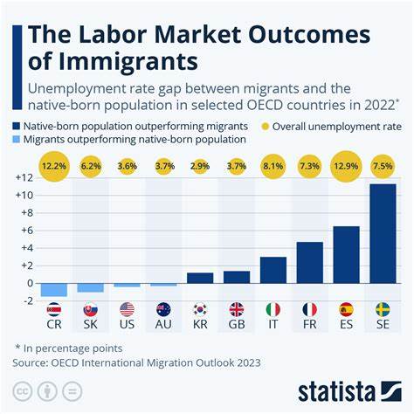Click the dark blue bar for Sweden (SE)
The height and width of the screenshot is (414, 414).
(383, 234)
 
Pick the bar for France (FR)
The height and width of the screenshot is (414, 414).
(310, 263)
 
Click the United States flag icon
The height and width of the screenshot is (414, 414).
(127, 308)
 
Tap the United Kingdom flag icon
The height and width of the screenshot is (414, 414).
(237, 308)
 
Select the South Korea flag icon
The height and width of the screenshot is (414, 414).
(200, 308)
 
